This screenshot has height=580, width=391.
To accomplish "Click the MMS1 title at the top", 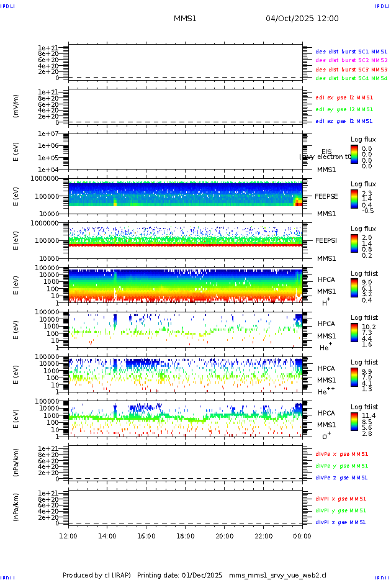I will (185, 19).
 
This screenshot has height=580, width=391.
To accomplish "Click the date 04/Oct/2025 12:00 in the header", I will (302, 19).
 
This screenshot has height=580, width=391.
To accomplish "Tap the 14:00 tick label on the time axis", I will (107, 536).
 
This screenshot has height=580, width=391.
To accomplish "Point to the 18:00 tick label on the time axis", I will (186, 536).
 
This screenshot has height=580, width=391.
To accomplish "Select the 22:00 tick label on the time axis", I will (264, 536).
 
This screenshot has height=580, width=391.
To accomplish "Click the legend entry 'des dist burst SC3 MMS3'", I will (351, 70).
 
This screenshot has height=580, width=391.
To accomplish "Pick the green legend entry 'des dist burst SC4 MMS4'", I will (351, 79).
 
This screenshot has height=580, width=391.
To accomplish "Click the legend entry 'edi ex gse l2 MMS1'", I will (344, 97).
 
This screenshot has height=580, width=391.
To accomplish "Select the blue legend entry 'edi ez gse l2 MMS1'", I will (344, 121).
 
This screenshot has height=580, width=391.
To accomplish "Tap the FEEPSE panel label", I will (326, 196).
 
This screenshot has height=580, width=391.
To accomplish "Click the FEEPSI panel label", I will (326, 240).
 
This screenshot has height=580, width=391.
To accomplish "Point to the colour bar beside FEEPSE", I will (354, 199).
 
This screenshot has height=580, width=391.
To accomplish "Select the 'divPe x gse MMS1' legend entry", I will (342, 454).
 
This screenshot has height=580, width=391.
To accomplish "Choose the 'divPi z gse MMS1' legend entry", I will (341, 522).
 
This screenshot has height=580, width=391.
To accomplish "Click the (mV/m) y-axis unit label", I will (16, 106).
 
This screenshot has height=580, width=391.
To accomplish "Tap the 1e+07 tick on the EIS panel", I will (48, 134).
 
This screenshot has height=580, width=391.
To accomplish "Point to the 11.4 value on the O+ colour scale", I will (368, 415).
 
